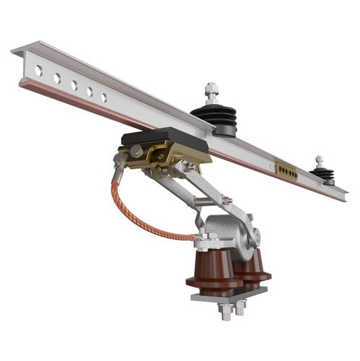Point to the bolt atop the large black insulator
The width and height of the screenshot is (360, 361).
click(211, 92)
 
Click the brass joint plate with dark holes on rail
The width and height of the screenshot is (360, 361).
click(286, 170)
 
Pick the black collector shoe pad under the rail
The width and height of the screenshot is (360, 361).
click(164, 138)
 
